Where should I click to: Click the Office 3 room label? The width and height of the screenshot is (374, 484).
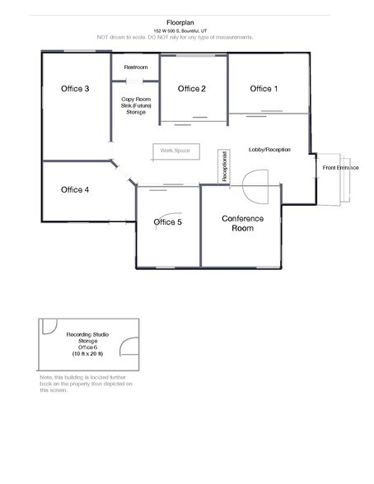click(x=75, y=88)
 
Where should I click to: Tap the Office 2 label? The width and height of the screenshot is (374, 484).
click(x=191, y=88)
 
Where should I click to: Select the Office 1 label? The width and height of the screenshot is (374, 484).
click(x=264, y=88)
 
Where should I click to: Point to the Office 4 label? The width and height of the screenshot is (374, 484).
click(x=75, y=189)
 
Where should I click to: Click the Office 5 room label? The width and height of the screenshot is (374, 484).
click(x=167, y=221)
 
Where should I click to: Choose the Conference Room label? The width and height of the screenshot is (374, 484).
click(x=243, y=223)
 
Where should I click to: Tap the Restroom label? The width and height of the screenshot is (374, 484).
click(x=135, y=66)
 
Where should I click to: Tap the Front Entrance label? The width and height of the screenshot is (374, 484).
click(x=340, y=167)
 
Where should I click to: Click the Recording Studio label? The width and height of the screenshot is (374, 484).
click(x=89, y=335)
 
